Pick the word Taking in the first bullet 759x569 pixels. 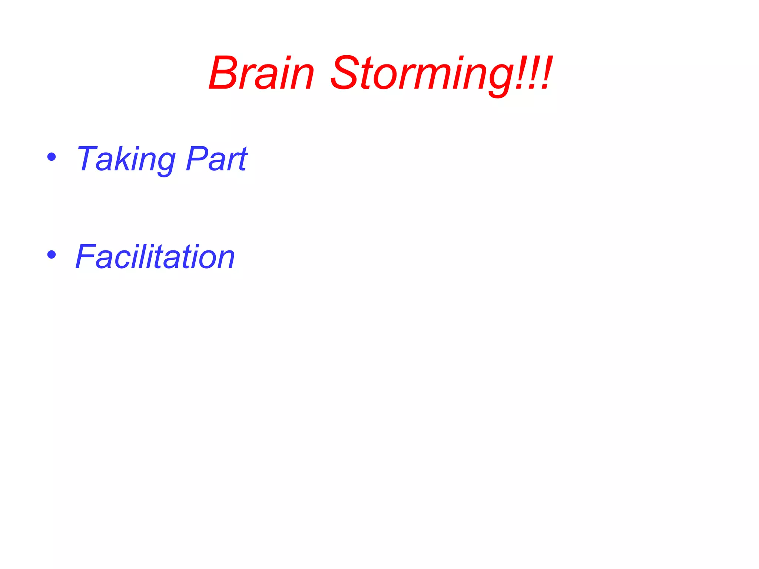coord(125,159)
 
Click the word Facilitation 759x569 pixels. coord(155,256)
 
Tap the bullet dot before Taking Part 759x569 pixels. coord(52,157)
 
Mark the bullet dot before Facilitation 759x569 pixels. coord(52,254)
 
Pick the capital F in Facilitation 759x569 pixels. coord(86,256)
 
